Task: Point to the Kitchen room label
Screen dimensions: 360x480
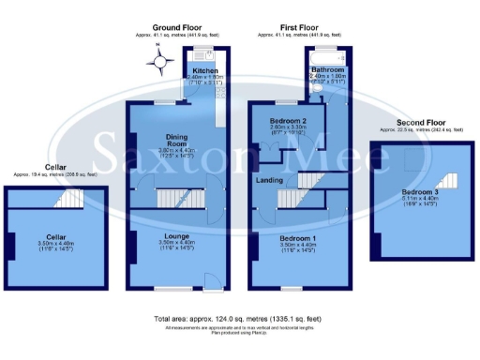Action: click(205, 70)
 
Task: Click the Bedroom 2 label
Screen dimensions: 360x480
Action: click(289, 123)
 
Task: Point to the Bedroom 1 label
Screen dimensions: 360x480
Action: click(299, 238)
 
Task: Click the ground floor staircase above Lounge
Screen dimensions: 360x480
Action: click(172, 198)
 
